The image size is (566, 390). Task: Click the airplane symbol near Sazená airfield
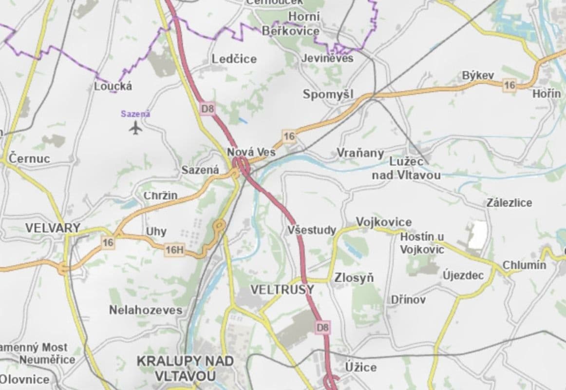coord(136,128)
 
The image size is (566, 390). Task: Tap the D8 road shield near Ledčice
coord(208,108)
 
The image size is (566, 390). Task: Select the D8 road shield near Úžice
coord(323,328)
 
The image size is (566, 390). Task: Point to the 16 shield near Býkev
coord(509,85)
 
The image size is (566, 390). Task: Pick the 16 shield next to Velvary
coord(108,242)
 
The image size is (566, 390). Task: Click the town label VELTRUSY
coord(283,290)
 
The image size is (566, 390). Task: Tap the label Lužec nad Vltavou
coord(407,168)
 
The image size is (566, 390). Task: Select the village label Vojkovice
coord(384,222)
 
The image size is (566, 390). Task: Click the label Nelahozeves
coord(146,310)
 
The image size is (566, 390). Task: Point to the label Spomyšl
coord(328,94)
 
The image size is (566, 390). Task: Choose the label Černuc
coord(30,158)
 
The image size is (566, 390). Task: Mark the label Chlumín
coord(524,266)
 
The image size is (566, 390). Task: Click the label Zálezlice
coord(509,203)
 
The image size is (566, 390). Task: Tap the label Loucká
coord(113,86)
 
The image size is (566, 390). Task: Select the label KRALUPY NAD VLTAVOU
coord(185,369)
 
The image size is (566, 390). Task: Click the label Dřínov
coord(408,300)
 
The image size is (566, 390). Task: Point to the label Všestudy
coord(312,230)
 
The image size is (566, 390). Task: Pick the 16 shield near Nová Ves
coord(289,136)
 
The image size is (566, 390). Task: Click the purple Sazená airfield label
coord(135,114)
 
